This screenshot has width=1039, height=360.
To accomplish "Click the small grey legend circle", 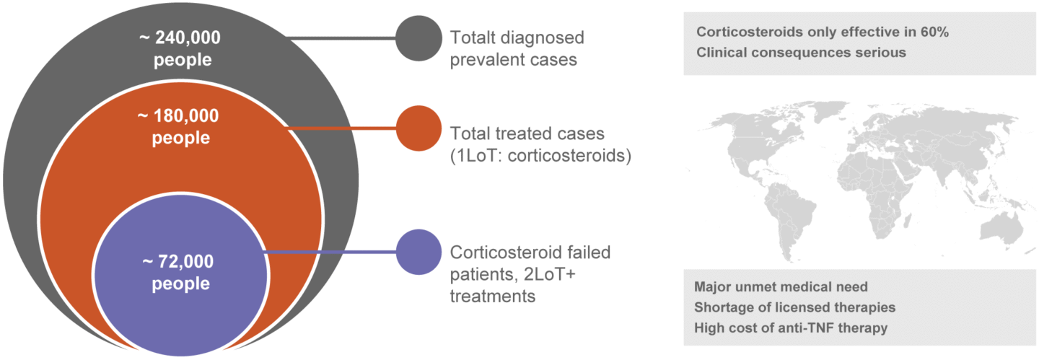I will coord(418,38).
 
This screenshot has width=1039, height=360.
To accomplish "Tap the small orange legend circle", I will coord(418,128).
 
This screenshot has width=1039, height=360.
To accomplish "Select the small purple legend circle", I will coord(418,253).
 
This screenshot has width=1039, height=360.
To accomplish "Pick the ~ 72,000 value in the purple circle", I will coord(180,263).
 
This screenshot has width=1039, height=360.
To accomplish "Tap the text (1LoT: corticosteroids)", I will coord(540,155).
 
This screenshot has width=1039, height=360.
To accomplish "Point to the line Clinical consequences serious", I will coord(800,53).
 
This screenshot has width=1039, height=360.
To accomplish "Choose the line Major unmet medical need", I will coord(781,287).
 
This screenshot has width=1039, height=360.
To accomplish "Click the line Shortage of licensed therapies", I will coord(794,307).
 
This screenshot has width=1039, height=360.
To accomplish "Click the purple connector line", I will coord(332,253).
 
